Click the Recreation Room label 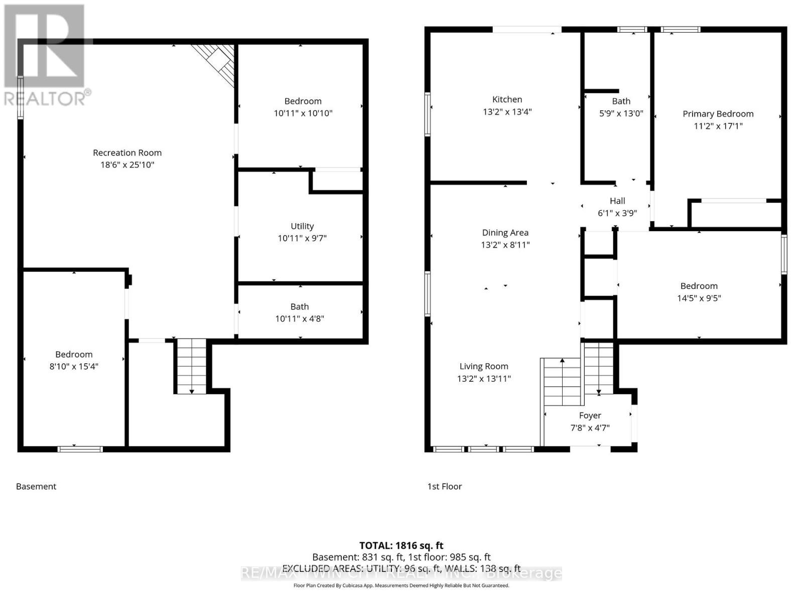[127, 153]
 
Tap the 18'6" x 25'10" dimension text [127, 165]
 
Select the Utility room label [302, 226]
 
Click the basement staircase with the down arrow [191, 366]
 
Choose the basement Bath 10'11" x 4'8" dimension [300, 319]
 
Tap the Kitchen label [507, 99]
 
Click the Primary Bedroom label [718, 114]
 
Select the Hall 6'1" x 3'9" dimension [617, 213]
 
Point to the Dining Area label [505, 233]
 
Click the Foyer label [590, 415]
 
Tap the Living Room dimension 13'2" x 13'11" [484, 379]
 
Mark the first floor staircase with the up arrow [562, 381]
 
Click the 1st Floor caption [444, 486]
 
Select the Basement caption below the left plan [36, 486]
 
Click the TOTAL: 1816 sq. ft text [401, 545]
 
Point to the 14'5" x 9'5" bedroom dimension [699, 298]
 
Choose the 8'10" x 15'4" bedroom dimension [74, 366]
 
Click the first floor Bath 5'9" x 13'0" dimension [621, 113]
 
